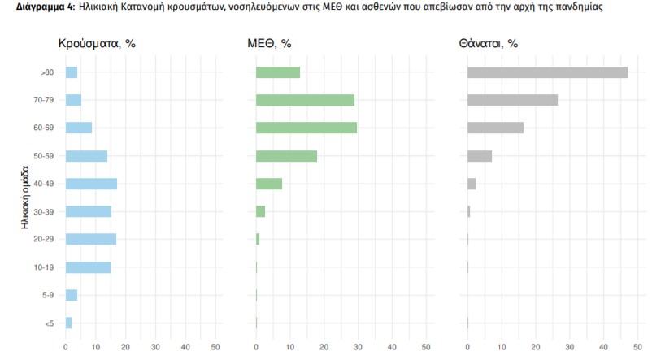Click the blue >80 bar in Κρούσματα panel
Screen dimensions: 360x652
(72, 72)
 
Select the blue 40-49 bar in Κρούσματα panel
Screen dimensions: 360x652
(91, 184)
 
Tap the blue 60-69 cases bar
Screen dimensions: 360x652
(79, 128)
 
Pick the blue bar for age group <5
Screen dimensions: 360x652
(68, 323)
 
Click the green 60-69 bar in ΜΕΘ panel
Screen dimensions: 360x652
(306, 128)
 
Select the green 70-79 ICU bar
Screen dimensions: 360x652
(305, 100)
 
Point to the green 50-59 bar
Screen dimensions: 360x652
(286, 156)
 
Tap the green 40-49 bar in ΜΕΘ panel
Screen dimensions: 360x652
(269, 184)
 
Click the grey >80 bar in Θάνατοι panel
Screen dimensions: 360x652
(547, 72)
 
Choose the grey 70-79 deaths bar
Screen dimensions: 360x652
(512, 100)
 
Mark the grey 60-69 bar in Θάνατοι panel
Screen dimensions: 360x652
(495, 128)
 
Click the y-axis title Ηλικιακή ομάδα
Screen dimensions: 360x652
(27, 197)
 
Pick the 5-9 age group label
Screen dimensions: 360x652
(48, 295)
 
